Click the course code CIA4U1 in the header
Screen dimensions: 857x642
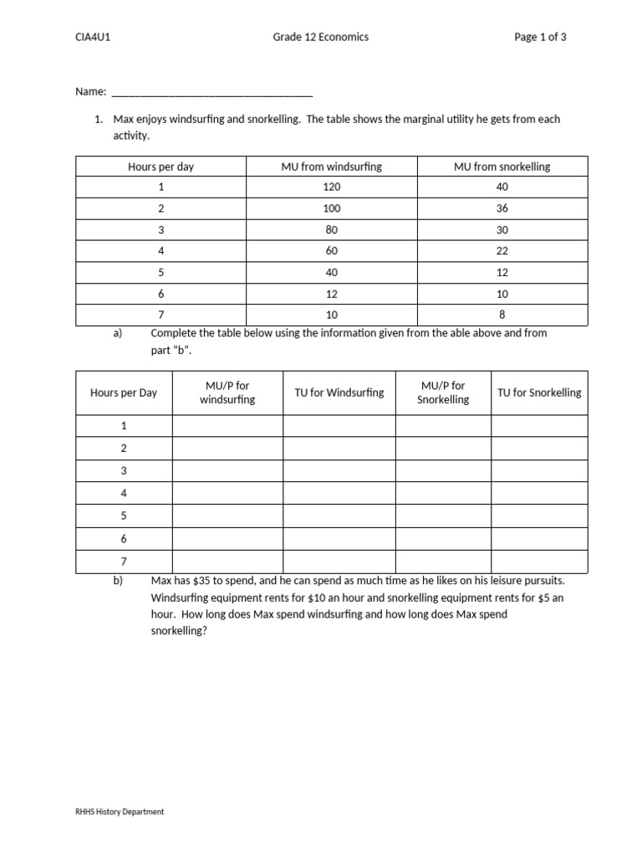[x=93, y=37]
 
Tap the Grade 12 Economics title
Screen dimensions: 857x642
[x=321, y=37]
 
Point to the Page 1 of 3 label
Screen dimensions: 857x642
[x=541, y=37]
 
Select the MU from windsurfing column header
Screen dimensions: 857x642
[x=331, y=167]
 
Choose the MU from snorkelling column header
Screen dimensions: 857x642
[x=502, y=167]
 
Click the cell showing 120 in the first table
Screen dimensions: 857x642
[x=331, y=187]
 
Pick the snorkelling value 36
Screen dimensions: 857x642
[x=502, y=208]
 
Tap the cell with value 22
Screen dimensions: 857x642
[x=502, y=251]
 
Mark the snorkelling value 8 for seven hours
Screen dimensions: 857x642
[x=502, y=315]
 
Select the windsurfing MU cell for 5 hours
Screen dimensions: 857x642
[x=331, y=272]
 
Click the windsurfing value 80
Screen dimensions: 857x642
[x=331, y=230]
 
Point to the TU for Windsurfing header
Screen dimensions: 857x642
[x=339, y=393]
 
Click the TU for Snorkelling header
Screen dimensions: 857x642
[x=539, y=393]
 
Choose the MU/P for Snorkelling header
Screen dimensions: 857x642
[x=443, y=393]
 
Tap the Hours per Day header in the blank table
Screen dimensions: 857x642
[x=124, y=393]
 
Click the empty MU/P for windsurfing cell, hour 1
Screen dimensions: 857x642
[x=227, y=426]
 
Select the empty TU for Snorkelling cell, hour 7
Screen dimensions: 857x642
[x=539, y=562]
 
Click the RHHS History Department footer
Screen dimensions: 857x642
[x=120, y=812]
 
